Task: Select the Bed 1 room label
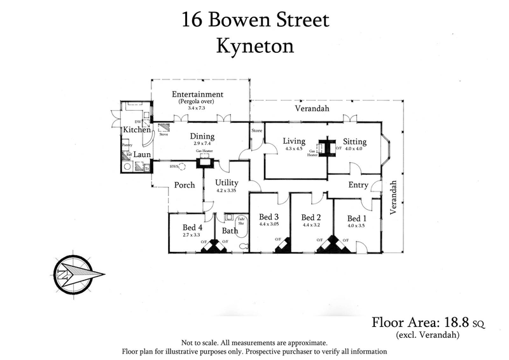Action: click(x=353, y=218)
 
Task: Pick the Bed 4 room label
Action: click(x=192, y=227)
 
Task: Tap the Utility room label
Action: click(x=227, y=183)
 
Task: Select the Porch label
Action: click(x=185, y=185)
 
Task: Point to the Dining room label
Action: click(x=202, y=136)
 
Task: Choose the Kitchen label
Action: click(x=137, y=130)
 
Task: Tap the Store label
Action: click(x=256, y=130)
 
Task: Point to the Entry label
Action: click(x=358, y=185)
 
